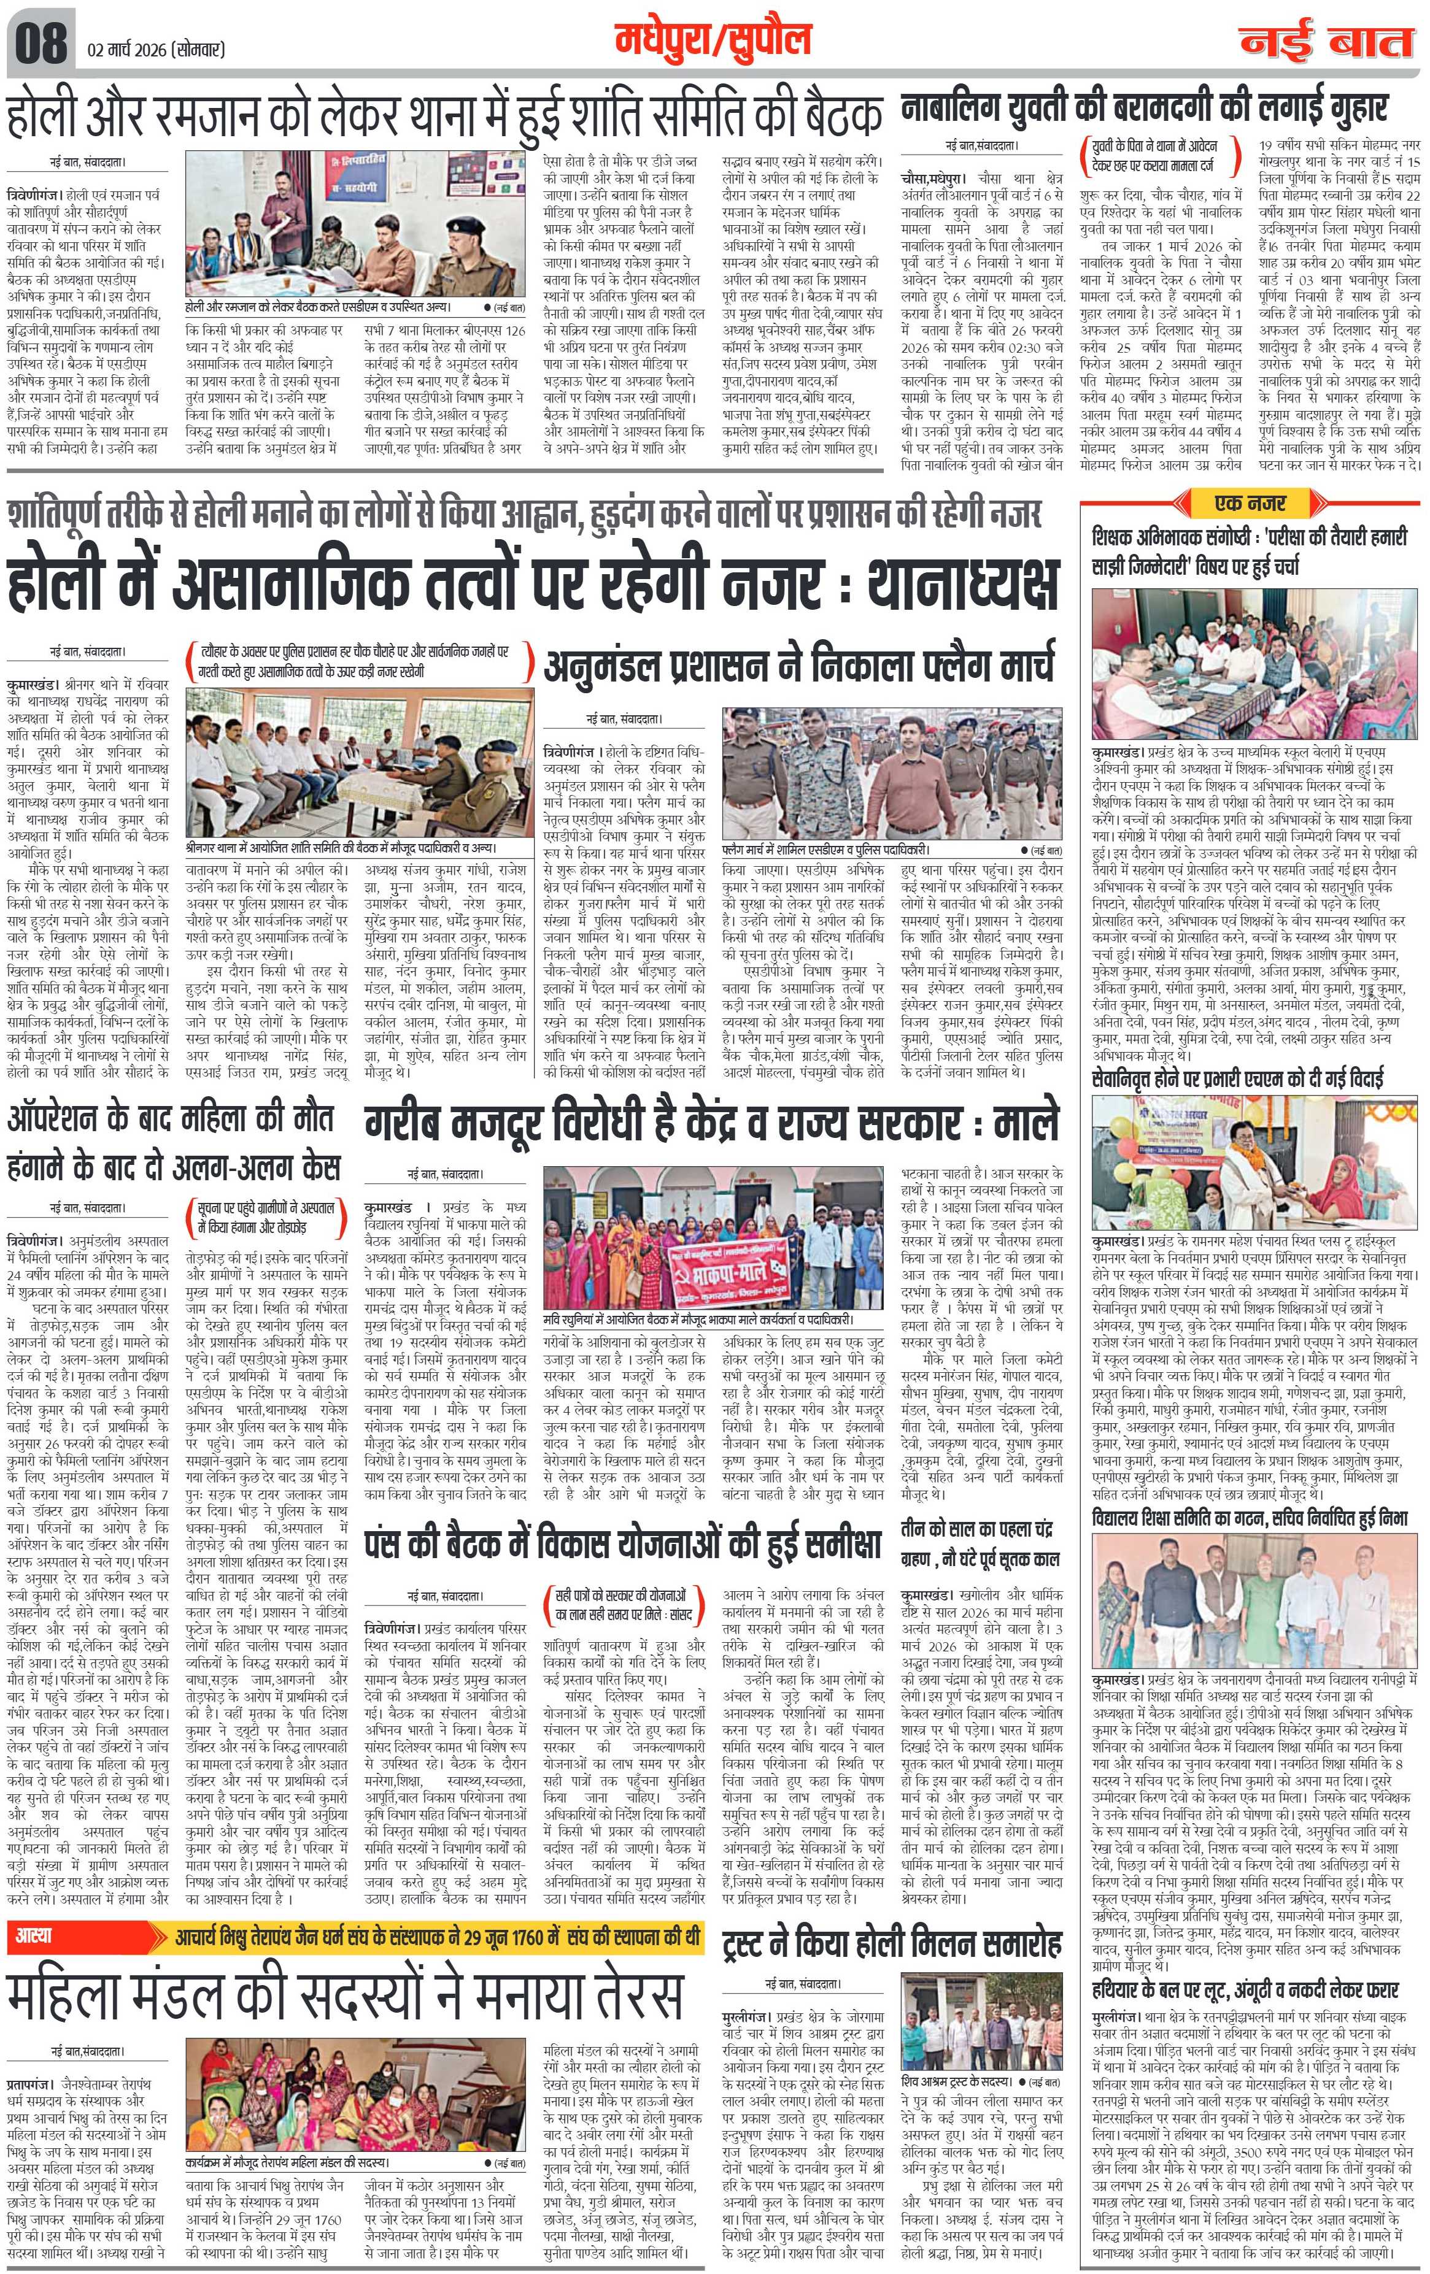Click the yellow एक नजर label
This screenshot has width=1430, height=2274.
tap(1253, 502)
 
